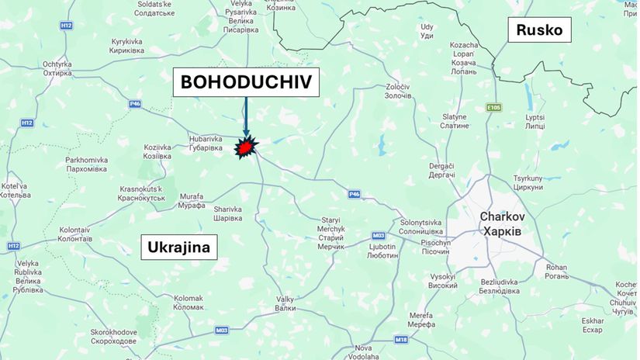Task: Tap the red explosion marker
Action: click(247, 147)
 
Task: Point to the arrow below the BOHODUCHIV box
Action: click(245, 115)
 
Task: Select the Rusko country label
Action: click(540, 31)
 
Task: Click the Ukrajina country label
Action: click(180, 248)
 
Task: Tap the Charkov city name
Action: click(503, 216)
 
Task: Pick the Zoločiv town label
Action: click(398, 92)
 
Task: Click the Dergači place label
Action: click(442, 170)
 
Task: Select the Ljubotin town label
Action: click(382, 251)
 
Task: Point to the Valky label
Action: click(285, 303)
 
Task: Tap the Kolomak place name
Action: click(188, 303)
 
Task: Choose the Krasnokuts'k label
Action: click(142, 193)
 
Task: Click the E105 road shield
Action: click(495, 108)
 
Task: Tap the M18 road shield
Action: click(400, 340)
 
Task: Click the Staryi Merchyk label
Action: click(330, 233)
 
